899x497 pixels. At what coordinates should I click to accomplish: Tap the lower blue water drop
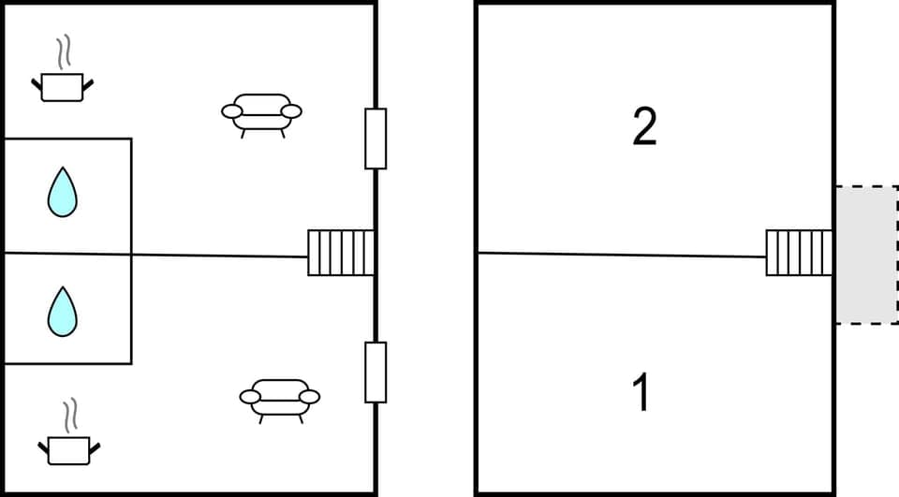click(x=63, y=311)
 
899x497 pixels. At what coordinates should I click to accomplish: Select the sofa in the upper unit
click(x=261, y=112)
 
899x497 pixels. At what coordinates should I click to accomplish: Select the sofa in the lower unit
click(x=280, y=397)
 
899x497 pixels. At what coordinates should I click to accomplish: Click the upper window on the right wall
click(x=376, y=139)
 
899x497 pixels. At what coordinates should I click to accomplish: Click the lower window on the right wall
click(x=376, y=373)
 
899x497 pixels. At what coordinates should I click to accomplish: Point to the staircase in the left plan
click(x=341, y=253)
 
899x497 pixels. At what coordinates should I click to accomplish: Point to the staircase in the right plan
click(x=799, y=253)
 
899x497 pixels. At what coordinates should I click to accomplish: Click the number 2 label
click(x=644, y=127)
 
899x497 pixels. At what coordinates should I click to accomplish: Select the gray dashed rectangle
click(x=867, y=255)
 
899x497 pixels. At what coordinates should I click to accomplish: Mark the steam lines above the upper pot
click(x=63, y=52)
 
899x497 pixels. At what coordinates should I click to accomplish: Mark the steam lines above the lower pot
click(x=69, y=416)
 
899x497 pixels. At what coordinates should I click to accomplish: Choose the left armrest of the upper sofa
click(x=231, y=111)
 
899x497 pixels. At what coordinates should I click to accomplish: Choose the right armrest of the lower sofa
click(x=310, y=397)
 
